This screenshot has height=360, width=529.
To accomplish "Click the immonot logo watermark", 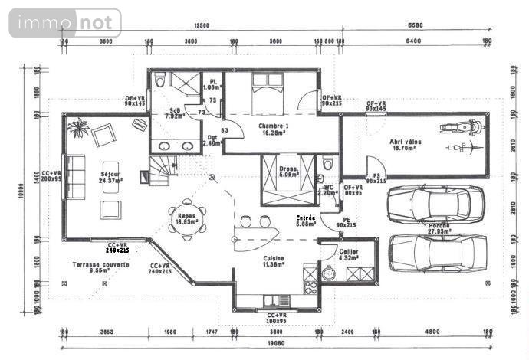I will click(65, 23).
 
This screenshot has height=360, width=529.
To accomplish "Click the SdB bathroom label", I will click(175, 114).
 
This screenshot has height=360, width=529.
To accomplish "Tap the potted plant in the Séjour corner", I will click(77, 128).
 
